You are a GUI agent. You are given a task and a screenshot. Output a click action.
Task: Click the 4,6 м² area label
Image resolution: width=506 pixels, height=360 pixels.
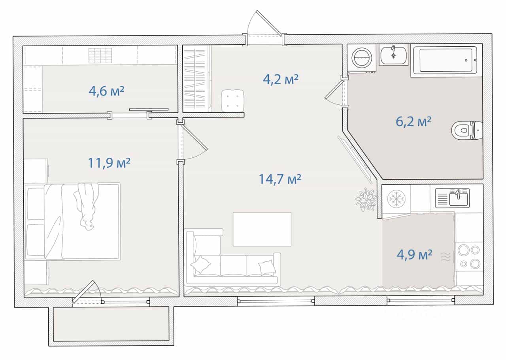click(106, 91)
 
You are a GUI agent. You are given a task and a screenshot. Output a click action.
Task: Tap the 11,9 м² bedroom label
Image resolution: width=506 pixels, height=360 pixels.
click(109, 163)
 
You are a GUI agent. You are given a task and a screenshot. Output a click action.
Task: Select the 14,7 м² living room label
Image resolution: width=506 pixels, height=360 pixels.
click(280, 179)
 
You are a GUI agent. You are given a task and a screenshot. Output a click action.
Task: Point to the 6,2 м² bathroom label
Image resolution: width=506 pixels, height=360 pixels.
click(413, 122)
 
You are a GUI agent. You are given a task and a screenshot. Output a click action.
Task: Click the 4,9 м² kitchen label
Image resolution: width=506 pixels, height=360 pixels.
click(415, 255)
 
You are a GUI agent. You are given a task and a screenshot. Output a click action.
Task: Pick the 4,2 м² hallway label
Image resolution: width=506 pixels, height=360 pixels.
click(281, 79)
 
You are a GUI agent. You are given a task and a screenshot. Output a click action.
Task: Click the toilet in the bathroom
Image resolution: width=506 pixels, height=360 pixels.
click(467, 131)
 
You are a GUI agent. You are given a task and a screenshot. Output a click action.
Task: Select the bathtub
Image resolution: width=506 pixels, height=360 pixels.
click(446, 60)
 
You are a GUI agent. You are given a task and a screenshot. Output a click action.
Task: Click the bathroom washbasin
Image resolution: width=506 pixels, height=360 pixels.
click(393, 55)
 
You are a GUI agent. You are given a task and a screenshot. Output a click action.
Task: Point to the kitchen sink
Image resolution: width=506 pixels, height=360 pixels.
click(452, 198)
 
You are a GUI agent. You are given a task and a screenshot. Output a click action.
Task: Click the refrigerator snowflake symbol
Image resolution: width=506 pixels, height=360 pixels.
click(396, 199)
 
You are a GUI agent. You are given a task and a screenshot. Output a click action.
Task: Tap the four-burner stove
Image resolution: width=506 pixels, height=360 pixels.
click(469, 257)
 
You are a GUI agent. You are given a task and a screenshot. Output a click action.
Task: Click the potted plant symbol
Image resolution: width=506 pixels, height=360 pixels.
click(366, 199)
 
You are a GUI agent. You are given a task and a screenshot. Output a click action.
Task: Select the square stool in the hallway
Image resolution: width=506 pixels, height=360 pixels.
click(233, 100)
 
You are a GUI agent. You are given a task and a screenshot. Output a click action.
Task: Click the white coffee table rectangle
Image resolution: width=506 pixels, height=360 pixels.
click(262, 229)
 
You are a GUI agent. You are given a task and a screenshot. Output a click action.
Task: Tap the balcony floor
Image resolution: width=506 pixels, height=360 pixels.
click(111, 324)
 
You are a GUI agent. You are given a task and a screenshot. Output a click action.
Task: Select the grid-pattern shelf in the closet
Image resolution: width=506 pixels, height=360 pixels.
click(100, 55)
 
